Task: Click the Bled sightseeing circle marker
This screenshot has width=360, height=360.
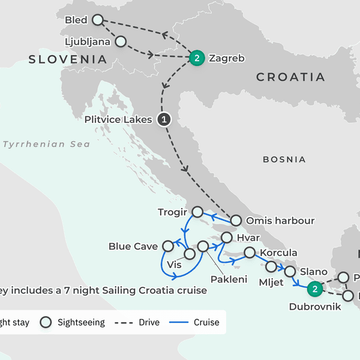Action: point(98,20)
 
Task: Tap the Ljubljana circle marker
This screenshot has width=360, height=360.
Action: point(120,42)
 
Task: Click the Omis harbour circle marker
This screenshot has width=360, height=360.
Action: point(236,220)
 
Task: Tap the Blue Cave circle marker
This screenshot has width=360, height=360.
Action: point(169,245)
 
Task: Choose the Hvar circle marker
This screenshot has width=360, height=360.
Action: point(226,238)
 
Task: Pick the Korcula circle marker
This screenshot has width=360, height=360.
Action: point(249,253)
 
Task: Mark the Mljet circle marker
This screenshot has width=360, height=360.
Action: point(271,266)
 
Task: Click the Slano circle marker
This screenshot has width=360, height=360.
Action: point(290,271)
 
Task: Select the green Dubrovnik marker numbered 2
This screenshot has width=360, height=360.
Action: point(313,289)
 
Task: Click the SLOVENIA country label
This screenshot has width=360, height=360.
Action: point(67,59)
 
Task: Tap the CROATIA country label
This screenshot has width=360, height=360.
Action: point(290,77)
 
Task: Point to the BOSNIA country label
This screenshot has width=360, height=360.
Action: point(284,160)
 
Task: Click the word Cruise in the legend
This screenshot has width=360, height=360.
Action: point(206,322)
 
